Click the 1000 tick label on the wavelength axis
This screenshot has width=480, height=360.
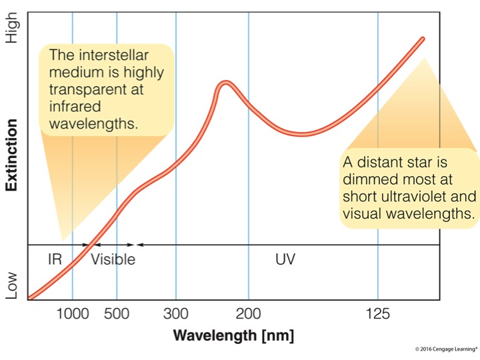(x=72, y=313)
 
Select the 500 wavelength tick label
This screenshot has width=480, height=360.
(x=117, y=313)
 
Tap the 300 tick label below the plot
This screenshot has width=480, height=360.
(x=176, y=313)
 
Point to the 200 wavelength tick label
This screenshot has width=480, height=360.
(x=249, y=313)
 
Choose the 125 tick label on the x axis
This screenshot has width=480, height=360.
(x=378, y=313)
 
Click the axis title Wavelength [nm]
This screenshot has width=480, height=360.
(x=233, y=335)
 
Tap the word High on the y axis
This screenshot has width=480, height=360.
(x=12, y=30)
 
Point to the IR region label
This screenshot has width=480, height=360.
(x=55, y=259)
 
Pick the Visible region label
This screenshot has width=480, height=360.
(x=113, y=259)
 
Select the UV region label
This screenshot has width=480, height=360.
(x=285, y=259)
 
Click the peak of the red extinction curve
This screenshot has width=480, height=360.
(x=226, y=83)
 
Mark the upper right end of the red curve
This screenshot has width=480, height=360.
(x=423, y=39)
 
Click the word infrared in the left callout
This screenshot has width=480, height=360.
(x=71, y=107)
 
